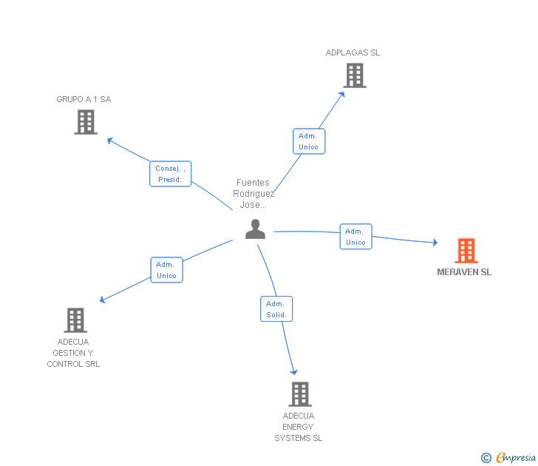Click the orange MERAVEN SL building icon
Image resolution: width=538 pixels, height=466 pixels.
pyautogui.click(x=466, y=251)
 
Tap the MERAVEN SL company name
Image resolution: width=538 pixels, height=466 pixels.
pyautogui.click(x=464, y=272)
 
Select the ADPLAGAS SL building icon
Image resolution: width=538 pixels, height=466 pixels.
pyautogui.click(x=355, y=75)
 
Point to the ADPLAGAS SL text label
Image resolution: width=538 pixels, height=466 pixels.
pyautogui.click(x=353, y=53)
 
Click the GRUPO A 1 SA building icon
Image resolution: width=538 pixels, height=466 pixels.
pyautogui.click(x=86, y=122)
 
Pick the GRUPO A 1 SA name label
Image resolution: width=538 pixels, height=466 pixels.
pyautogui.click(x=84, y=99)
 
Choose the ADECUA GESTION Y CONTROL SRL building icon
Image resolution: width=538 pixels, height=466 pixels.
pyautogui.click(x=75, y=320)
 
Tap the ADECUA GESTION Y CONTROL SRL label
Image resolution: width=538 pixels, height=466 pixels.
pyautogui.click(x=73, y=353)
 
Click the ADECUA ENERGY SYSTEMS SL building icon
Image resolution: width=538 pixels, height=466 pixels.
pyautogui.click(x=299, y=394)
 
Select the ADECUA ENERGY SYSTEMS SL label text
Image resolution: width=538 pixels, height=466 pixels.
pyautogui.click(x=299, y=427)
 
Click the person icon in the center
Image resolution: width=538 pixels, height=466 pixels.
pyautogui.click(x=255, y=229)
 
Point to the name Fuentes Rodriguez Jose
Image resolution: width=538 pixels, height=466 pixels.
pyautogui.click(x=254, y=194)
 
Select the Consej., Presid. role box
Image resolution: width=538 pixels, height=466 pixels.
pyautogui.click(x=171, y=174)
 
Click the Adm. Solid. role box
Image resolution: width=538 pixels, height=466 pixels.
pyautogui.click(x=276, y=309)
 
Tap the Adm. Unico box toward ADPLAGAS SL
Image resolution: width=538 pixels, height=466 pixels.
pyautogui.click(x=308, y=141)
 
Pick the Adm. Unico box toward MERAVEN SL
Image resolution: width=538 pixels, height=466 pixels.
pyautogui.click(x=355, y=237)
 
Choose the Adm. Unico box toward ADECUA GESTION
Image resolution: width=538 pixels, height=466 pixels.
pyautogui.click(x=166, y=270)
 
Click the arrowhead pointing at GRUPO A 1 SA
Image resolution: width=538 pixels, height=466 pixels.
pyautogui.click(x=109, y=140)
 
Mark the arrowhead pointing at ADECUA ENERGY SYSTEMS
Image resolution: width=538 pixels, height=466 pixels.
pyautogui.click(x=294, y=371)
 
